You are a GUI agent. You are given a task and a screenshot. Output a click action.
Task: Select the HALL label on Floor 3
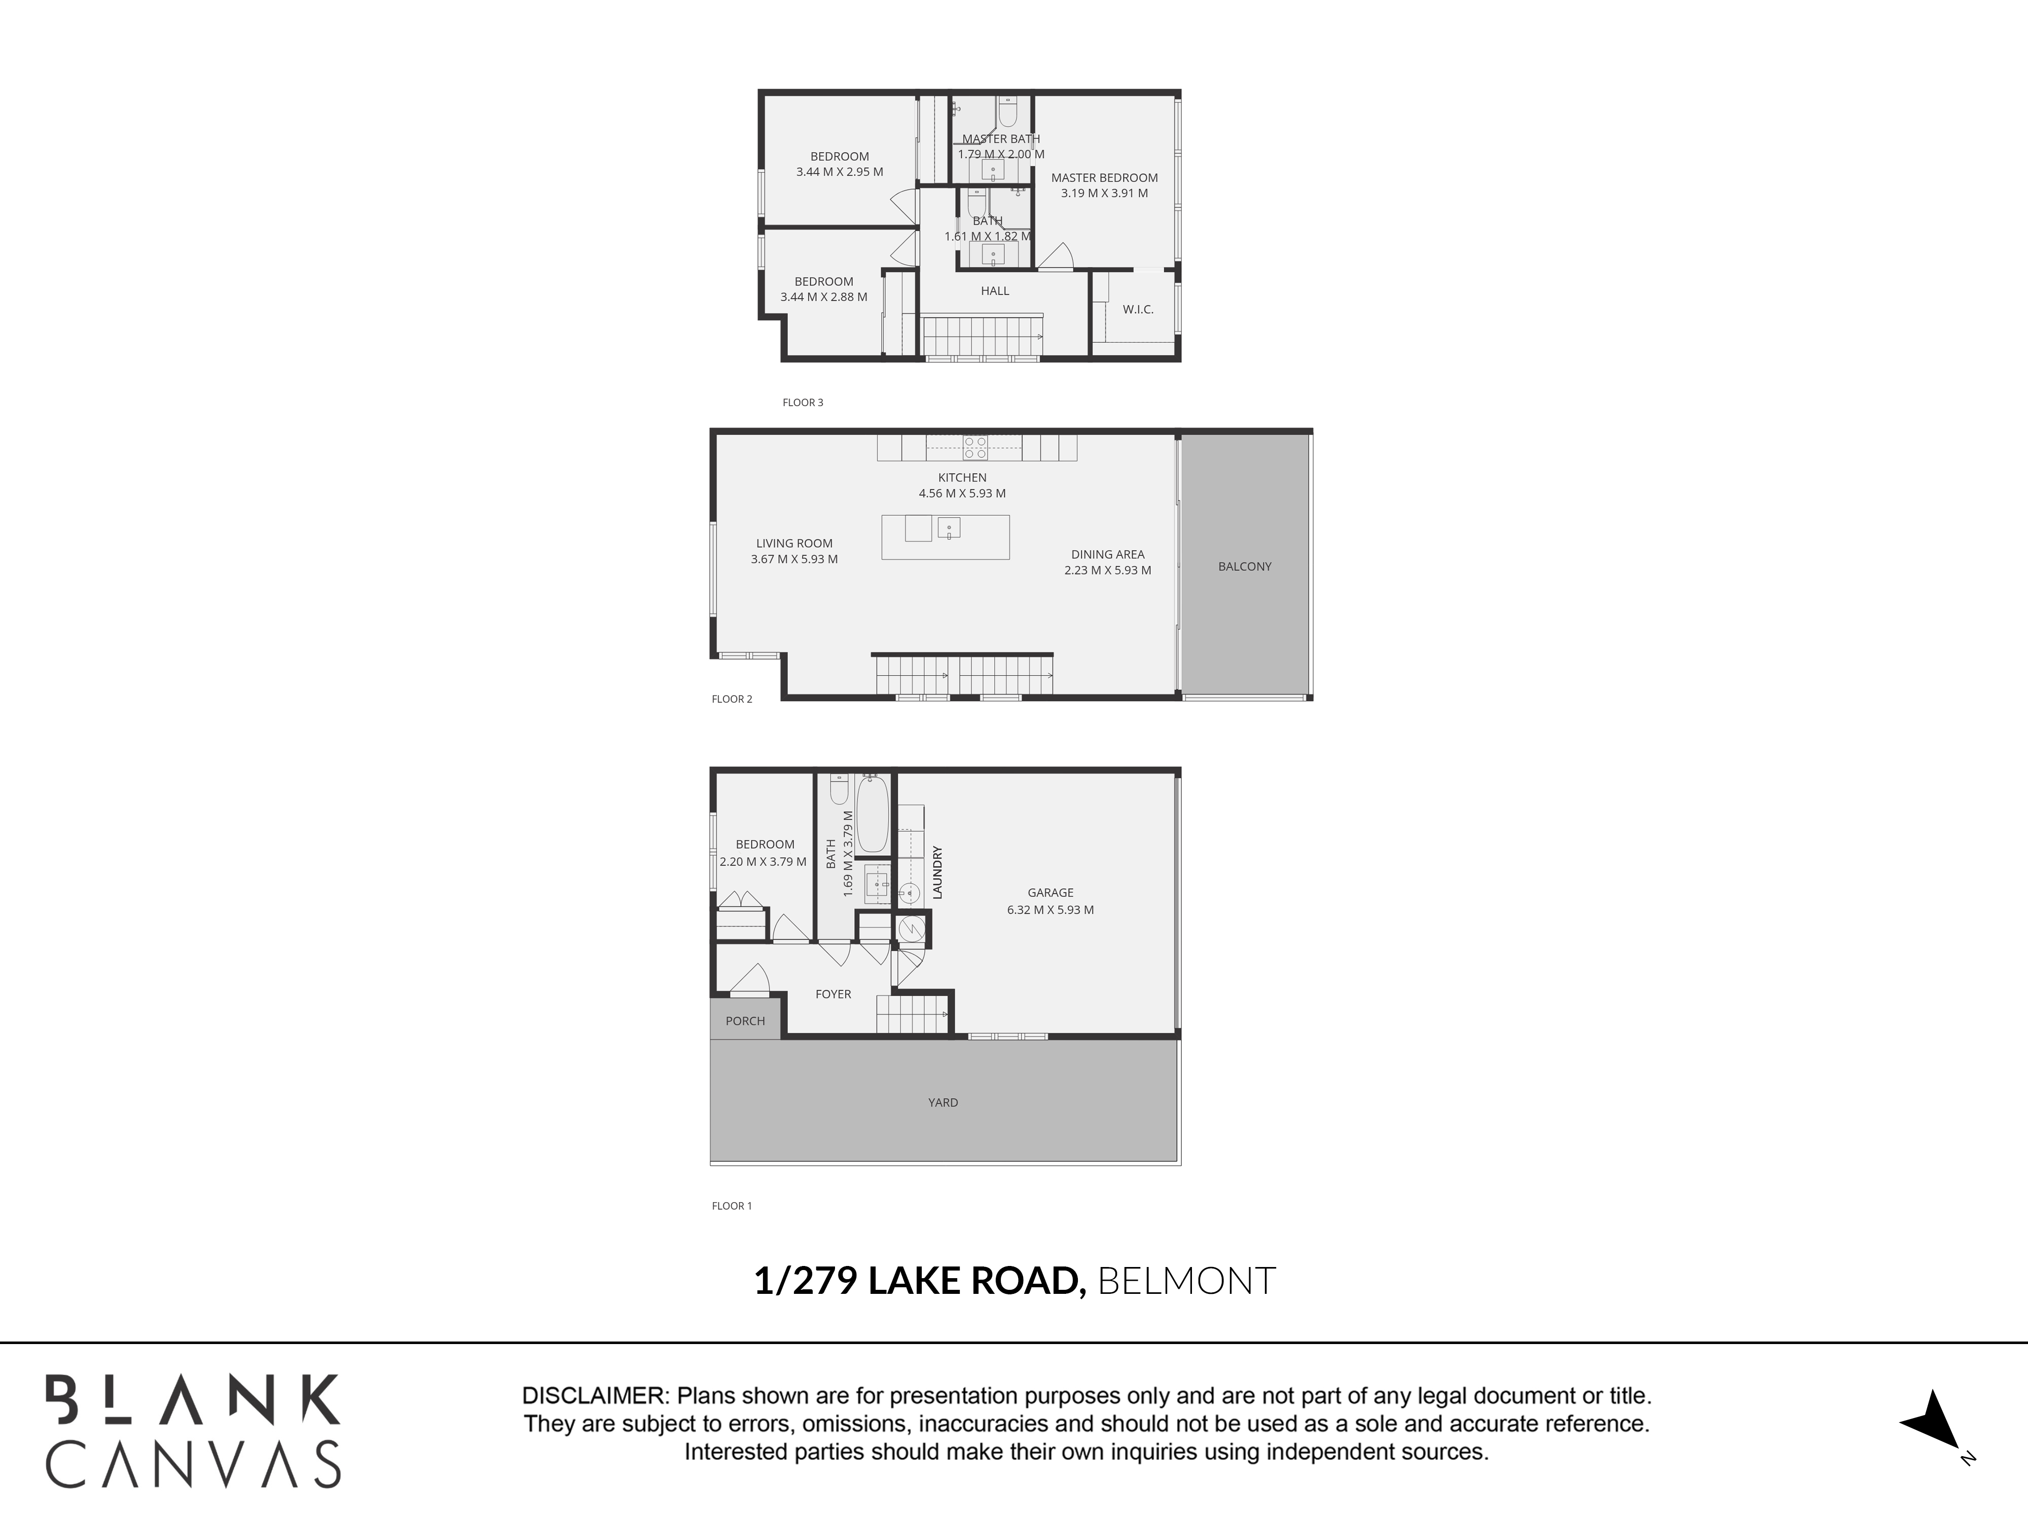click(995, 291)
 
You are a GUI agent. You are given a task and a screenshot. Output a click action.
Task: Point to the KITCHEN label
click(962, 478)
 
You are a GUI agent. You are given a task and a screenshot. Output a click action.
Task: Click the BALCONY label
click(1244, 567)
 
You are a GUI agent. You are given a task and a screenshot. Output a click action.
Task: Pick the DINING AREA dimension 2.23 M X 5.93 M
click(1107, 570)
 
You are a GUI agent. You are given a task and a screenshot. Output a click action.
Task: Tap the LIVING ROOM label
click(794, 544)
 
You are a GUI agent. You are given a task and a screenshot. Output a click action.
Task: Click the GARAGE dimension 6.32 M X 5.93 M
click(1050, 911)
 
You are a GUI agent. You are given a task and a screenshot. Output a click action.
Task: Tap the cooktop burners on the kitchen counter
click(975, 447)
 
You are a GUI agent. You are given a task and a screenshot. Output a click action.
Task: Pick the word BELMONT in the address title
click(1186, 1281)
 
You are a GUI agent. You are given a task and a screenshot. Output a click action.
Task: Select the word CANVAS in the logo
click(194, 1464)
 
